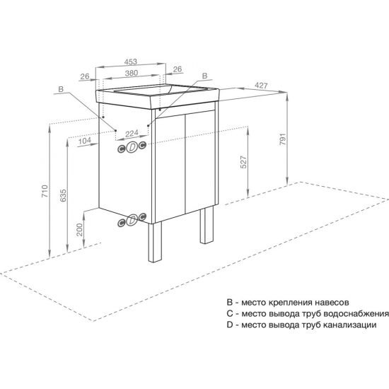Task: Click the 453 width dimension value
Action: point(131,62)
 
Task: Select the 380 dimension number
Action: point(132,73)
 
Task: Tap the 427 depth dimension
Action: point(262,86)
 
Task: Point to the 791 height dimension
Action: point(284,139)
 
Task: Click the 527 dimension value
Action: point(245,162)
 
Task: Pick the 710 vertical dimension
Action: point(45,191)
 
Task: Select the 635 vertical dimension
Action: point(63,195)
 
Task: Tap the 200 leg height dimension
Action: point(79,230)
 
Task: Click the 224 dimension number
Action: point(132,134)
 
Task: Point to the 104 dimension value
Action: point(85,141)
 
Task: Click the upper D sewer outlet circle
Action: point(132,147)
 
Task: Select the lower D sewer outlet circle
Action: point(132,219)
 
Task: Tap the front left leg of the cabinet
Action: point(155,241)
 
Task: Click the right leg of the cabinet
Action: point(207,225)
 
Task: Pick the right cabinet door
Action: point(200,161)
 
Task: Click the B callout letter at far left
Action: point(61,89)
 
